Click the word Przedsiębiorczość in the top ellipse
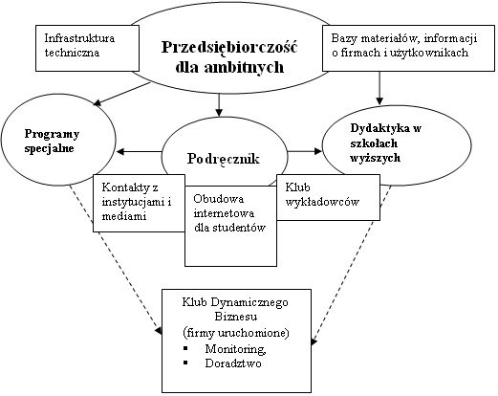click(229, 48)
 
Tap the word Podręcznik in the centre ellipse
click(224, 159)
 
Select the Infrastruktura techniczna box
click(87, 48)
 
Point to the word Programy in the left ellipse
click(52, 135)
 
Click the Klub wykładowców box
click(328, 197)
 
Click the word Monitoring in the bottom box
click(235, 349)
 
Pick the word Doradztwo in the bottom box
click(233, 363)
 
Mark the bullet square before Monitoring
click(185, 348)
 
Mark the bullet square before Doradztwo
click(185, 363)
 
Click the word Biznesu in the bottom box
click(236, 317)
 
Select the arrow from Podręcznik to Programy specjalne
click(140, 151)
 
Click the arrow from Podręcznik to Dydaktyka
click(305, 151)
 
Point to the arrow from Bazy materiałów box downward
click(379, 88)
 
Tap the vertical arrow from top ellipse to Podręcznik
click(219, 105)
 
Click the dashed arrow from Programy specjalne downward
click(116, 259)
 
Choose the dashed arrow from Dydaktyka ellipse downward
click(351, 265)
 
